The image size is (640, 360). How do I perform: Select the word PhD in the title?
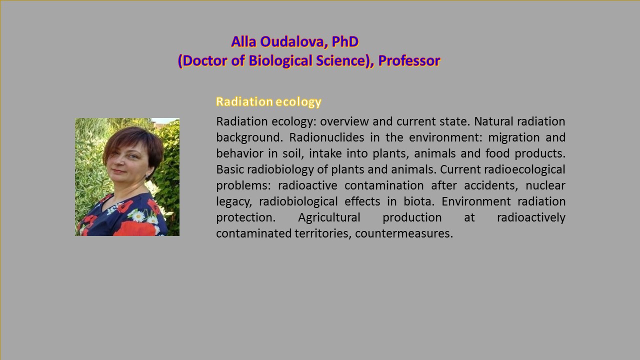tap(345, 42)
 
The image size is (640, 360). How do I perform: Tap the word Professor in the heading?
tap(409, 61)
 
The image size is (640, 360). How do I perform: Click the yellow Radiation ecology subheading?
tap(268, 101)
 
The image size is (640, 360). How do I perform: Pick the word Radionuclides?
tap(326, 137)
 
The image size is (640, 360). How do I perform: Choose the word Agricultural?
tap(329, 217)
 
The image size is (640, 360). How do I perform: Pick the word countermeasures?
tap(404, 233)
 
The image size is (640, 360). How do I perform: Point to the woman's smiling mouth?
tap(119, 171)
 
